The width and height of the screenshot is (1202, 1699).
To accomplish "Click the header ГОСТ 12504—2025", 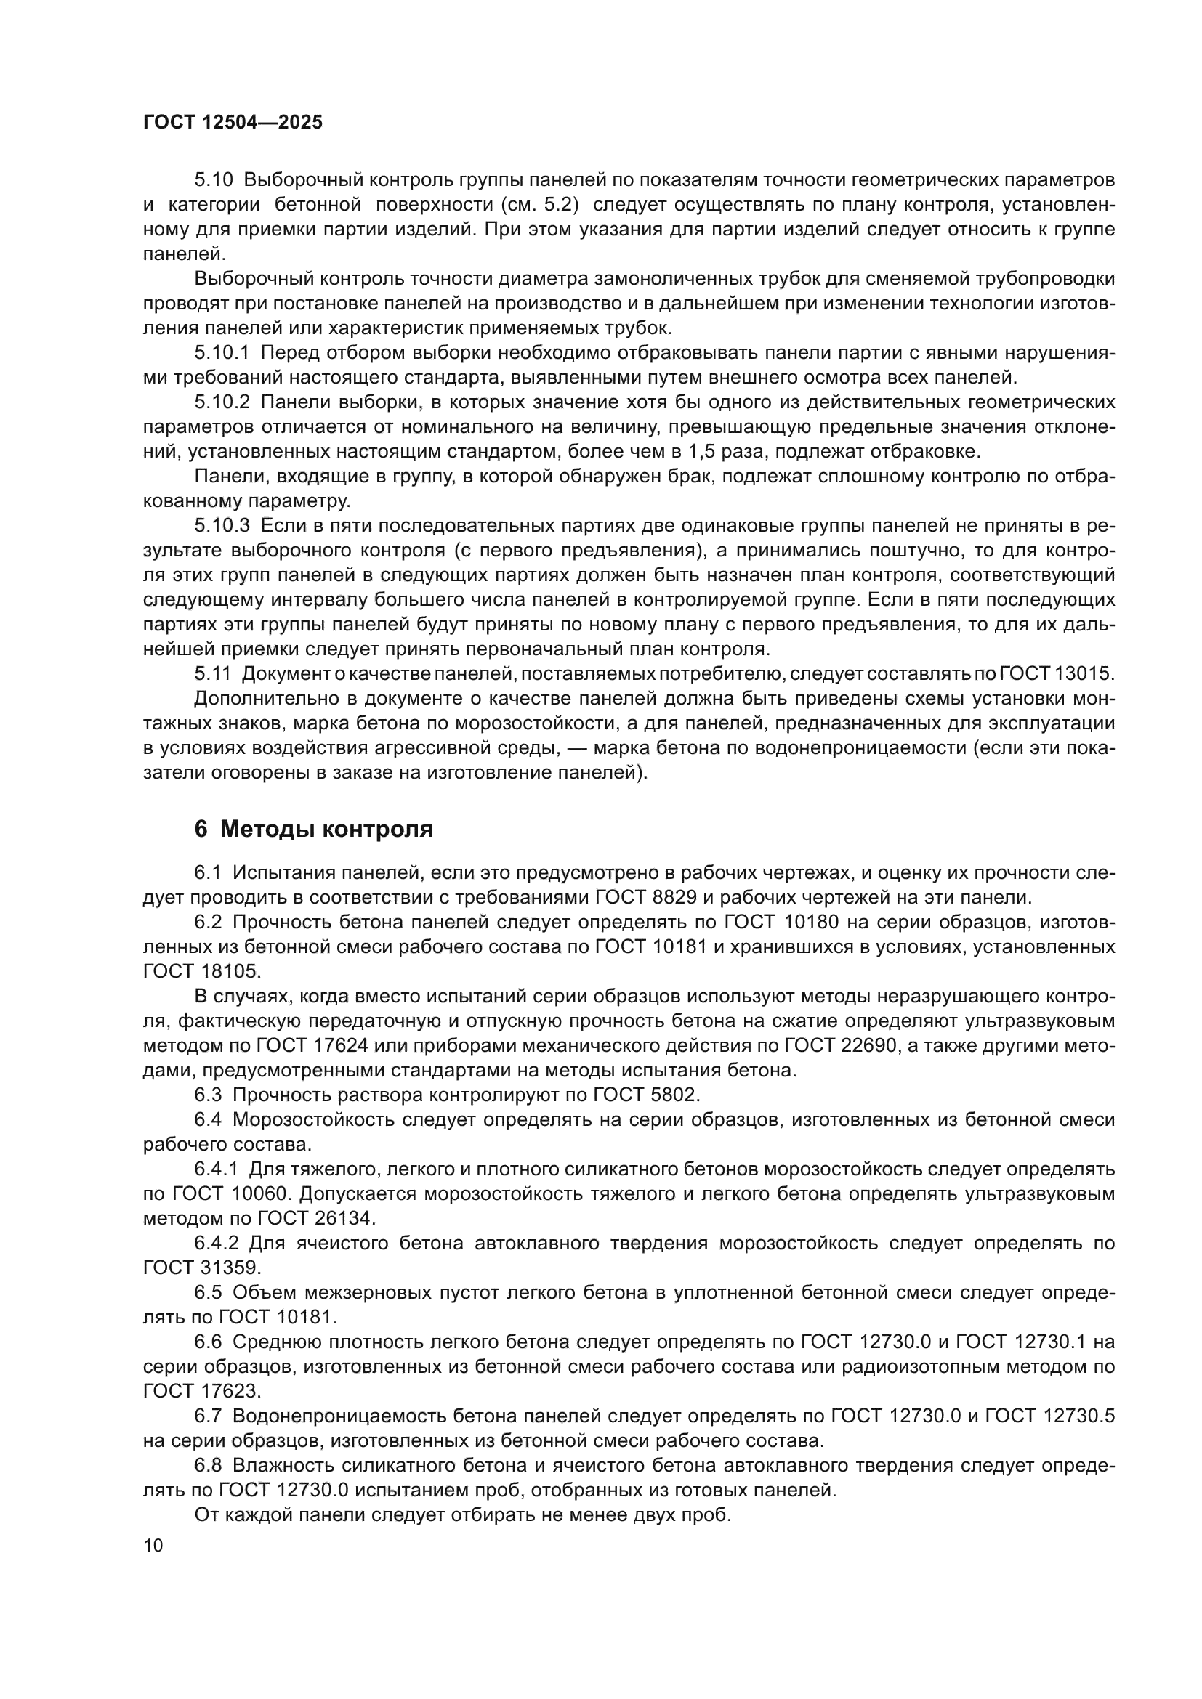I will pyautogui.click(x=233, y=123).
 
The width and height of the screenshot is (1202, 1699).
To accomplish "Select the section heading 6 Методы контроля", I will pyautogui.click(x=313, y=830).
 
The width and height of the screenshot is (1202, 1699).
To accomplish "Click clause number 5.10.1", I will pyautogui.click(x=222, y=353).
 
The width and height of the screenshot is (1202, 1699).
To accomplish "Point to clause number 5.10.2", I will pyautogui.click(x=222, y=402).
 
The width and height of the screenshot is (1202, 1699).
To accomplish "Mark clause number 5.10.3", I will pyautogui.click(x=222, y=526).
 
